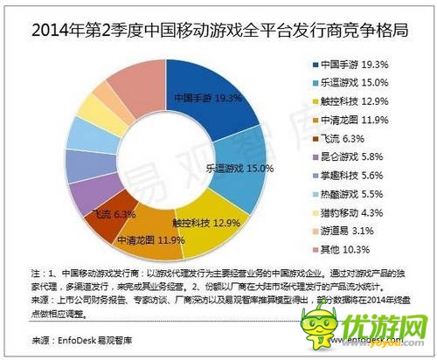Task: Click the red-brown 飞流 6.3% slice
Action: click(x=108, y=210)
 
